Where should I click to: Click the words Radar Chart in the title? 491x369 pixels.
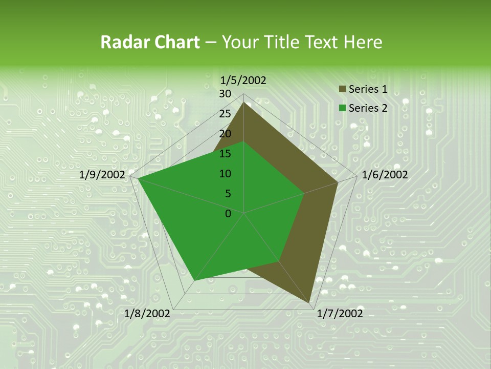click(150, 43)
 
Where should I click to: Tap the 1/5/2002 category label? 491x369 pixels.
click(243, 80)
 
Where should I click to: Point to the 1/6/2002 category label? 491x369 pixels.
click(385, 175)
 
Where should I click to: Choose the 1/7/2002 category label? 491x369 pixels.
click(340, 314)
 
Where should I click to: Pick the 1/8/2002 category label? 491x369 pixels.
click(147, 314)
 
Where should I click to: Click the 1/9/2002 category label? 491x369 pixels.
click(102, 175)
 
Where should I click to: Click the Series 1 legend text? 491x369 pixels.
click(368, 89)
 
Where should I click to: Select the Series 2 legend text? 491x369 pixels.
click(368, 108)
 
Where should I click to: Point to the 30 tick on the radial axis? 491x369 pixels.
click(225, 94)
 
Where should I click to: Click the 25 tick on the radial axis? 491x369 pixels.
click(225, 114)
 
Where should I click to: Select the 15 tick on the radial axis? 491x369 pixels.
click(225, 154)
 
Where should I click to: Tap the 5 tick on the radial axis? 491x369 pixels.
click(228, 194)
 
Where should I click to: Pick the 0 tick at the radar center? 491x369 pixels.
click(228, 214)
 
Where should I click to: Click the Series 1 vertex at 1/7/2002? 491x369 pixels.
click(309, 302)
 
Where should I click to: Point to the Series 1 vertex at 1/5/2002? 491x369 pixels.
click(244, 102)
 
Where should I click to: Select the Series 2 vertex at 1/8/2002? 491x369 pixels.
click(194, 280)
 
